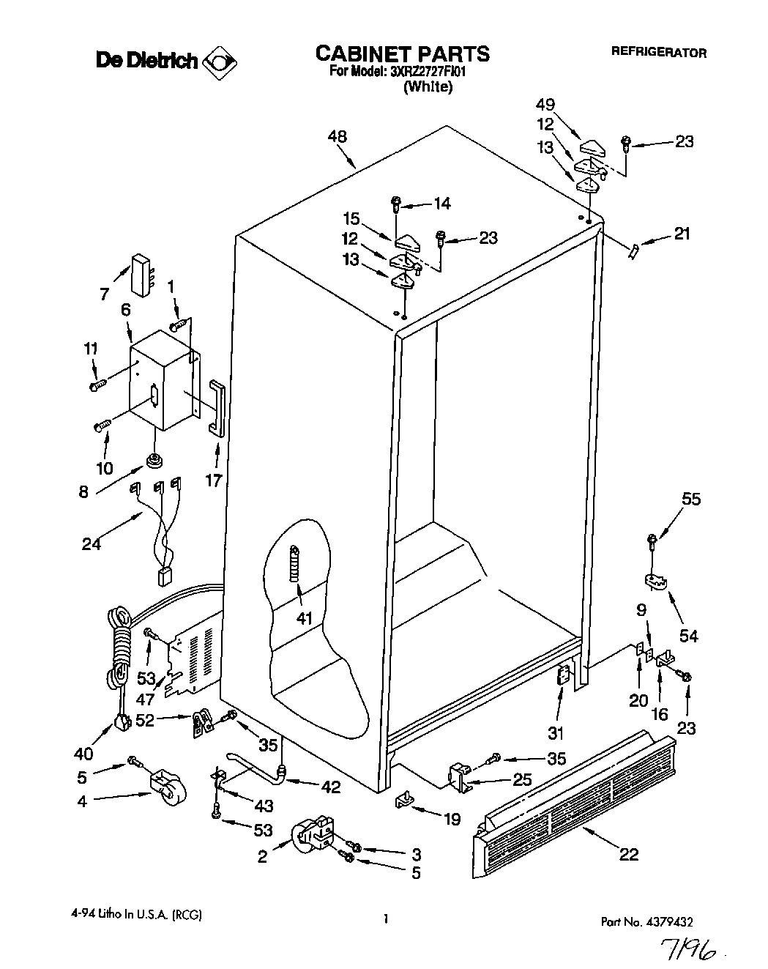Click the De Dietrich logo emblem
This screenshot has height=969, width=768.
pos(220,62)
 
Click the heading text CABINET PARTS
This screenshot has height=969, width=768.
pos(402,53)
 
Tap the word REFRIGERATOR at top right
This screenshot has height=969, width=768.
pos(659,53)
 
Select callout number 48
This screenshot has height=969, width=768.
pos(338,137)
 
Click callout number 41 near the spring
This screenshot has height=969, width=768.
pos(305,618)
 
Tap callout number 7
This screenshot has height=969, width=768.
pos(105,294)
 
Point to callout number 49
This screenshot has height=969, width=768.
pos(565,105)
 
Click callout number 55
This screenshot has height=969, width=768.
pos(691,500)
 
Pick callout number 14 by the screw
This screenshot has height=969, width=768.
pos(442,204)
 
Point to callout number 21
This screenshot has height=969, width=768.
pos(682,234)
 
